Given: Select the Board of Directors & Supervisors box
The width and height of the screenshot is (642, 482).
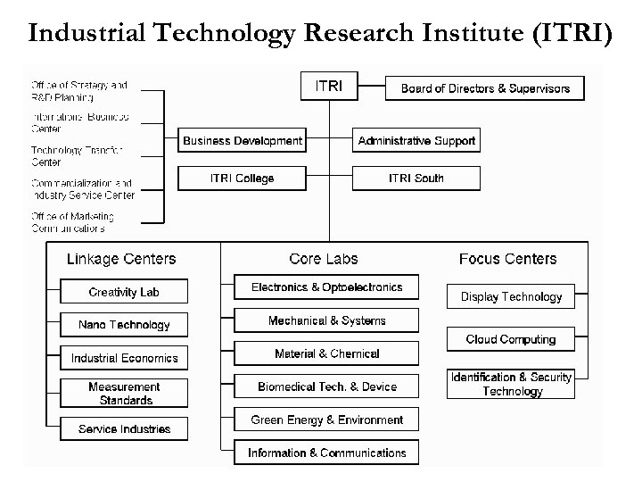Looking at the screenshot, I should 485,88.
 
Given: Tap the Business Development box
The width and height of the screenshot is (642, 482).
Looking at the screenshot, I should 243,141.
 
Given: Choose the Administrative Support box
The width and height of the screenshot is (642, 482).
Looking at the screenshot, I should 416,141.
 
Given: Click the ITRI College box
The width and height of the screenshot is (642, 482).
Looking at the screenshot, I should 243,179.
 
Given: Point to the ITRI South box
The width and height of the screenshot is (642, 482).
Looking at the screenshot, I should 416,179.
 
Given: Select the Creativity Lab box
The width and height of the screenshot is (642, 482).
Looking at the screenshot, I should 124,292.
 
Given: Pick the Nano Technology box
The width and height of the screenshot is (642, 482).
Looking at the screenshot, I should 124,325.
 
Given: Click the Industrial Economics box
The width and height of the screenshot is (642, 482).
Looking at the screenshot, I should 124,358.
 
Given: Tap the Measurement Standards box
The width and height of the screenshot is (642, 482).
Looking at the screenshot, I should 124,394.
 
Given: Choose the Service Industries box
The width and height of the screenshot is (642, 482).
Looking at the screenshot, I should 124,429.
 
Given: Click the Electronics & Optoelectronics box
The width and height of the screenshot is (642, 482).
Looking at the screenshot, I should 326,287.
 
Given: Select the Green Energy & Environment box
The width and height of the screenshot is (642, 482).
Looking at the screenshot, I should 326,420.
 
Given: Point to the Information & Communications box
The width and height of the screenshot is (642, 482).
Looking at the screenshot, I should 326,453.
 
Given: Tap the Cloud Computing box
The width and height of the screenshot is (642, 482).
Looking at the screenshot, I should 511,339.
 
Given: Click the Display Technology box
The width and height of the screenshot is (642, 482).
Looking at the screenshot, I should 511,296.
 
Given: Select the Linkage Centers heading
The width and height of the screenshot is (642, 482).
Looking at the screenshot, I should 121,259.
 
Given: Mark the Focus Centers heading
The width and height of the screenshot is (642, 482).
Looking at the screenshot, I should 507,259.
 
